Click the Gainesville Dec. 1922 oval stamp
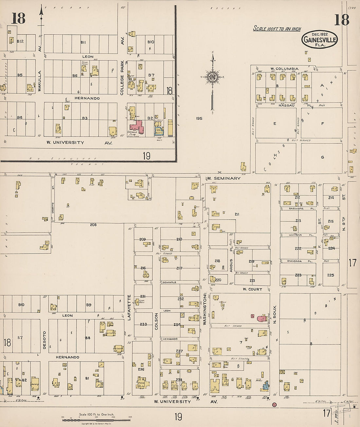(x=319, y=39)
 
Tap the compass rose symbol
(x=212, y=77)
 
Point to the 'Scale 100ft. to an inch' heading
(x=277, y=29)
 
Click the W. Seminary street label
(x=224, y=178)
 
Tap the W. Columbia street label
(x=284, y=69)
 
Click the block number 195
(x=199, y=118)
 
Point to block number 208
(x=93, y=225)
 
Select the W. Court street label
(x=252, y=289)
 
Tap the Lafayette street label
(x=129, y=307)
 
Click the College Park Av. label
(x=122, y=69)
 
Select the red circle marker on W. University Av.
(x=274, y=405)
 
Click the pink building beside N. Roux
(x=262, y=318)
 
